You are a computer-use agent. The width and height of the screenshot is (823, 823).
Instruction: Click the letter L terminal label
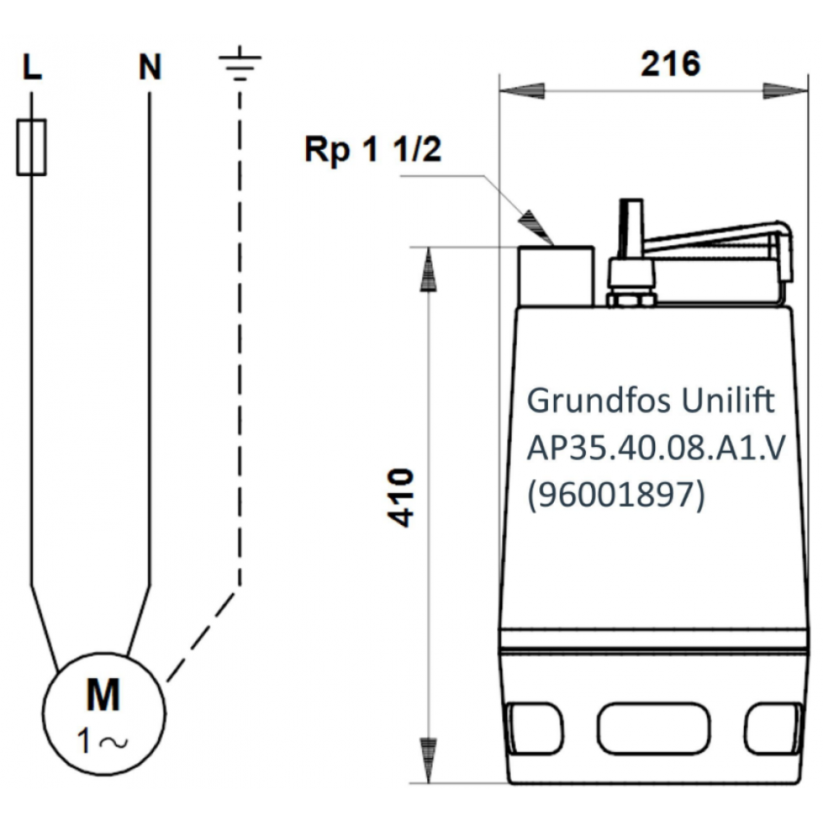click(x=31, y=68)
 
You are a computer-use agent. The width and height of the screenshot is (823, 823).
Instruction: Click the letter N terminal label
click(x=150, y=68)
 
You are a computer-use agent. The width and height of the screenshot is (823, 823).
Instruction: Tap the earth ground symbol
click(x=239, y=66)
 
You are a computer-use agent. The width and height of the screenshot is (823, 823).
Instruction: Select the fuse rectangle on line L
click(x=31, y=146)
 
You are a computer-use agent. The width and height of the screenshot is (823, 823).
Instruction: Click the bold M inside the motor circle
click(x=103, y=696)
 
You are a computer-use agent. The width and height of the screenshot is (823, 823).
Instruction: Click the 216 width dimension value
click(x=670, y=63)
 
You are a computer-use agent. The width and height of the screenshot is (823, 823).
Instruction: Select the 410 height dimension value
click(x=401, y=498)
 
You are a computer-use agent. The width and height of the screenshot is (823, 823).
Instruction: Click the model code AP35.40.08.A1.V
click(x=653, y=449)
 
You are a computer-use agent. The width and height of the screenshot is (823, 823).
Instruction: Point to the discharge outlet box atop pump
click(x=556, y=275)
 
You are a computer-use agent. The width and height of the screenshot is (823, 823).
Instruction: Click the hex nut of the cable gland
click(x=631, y=296)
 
